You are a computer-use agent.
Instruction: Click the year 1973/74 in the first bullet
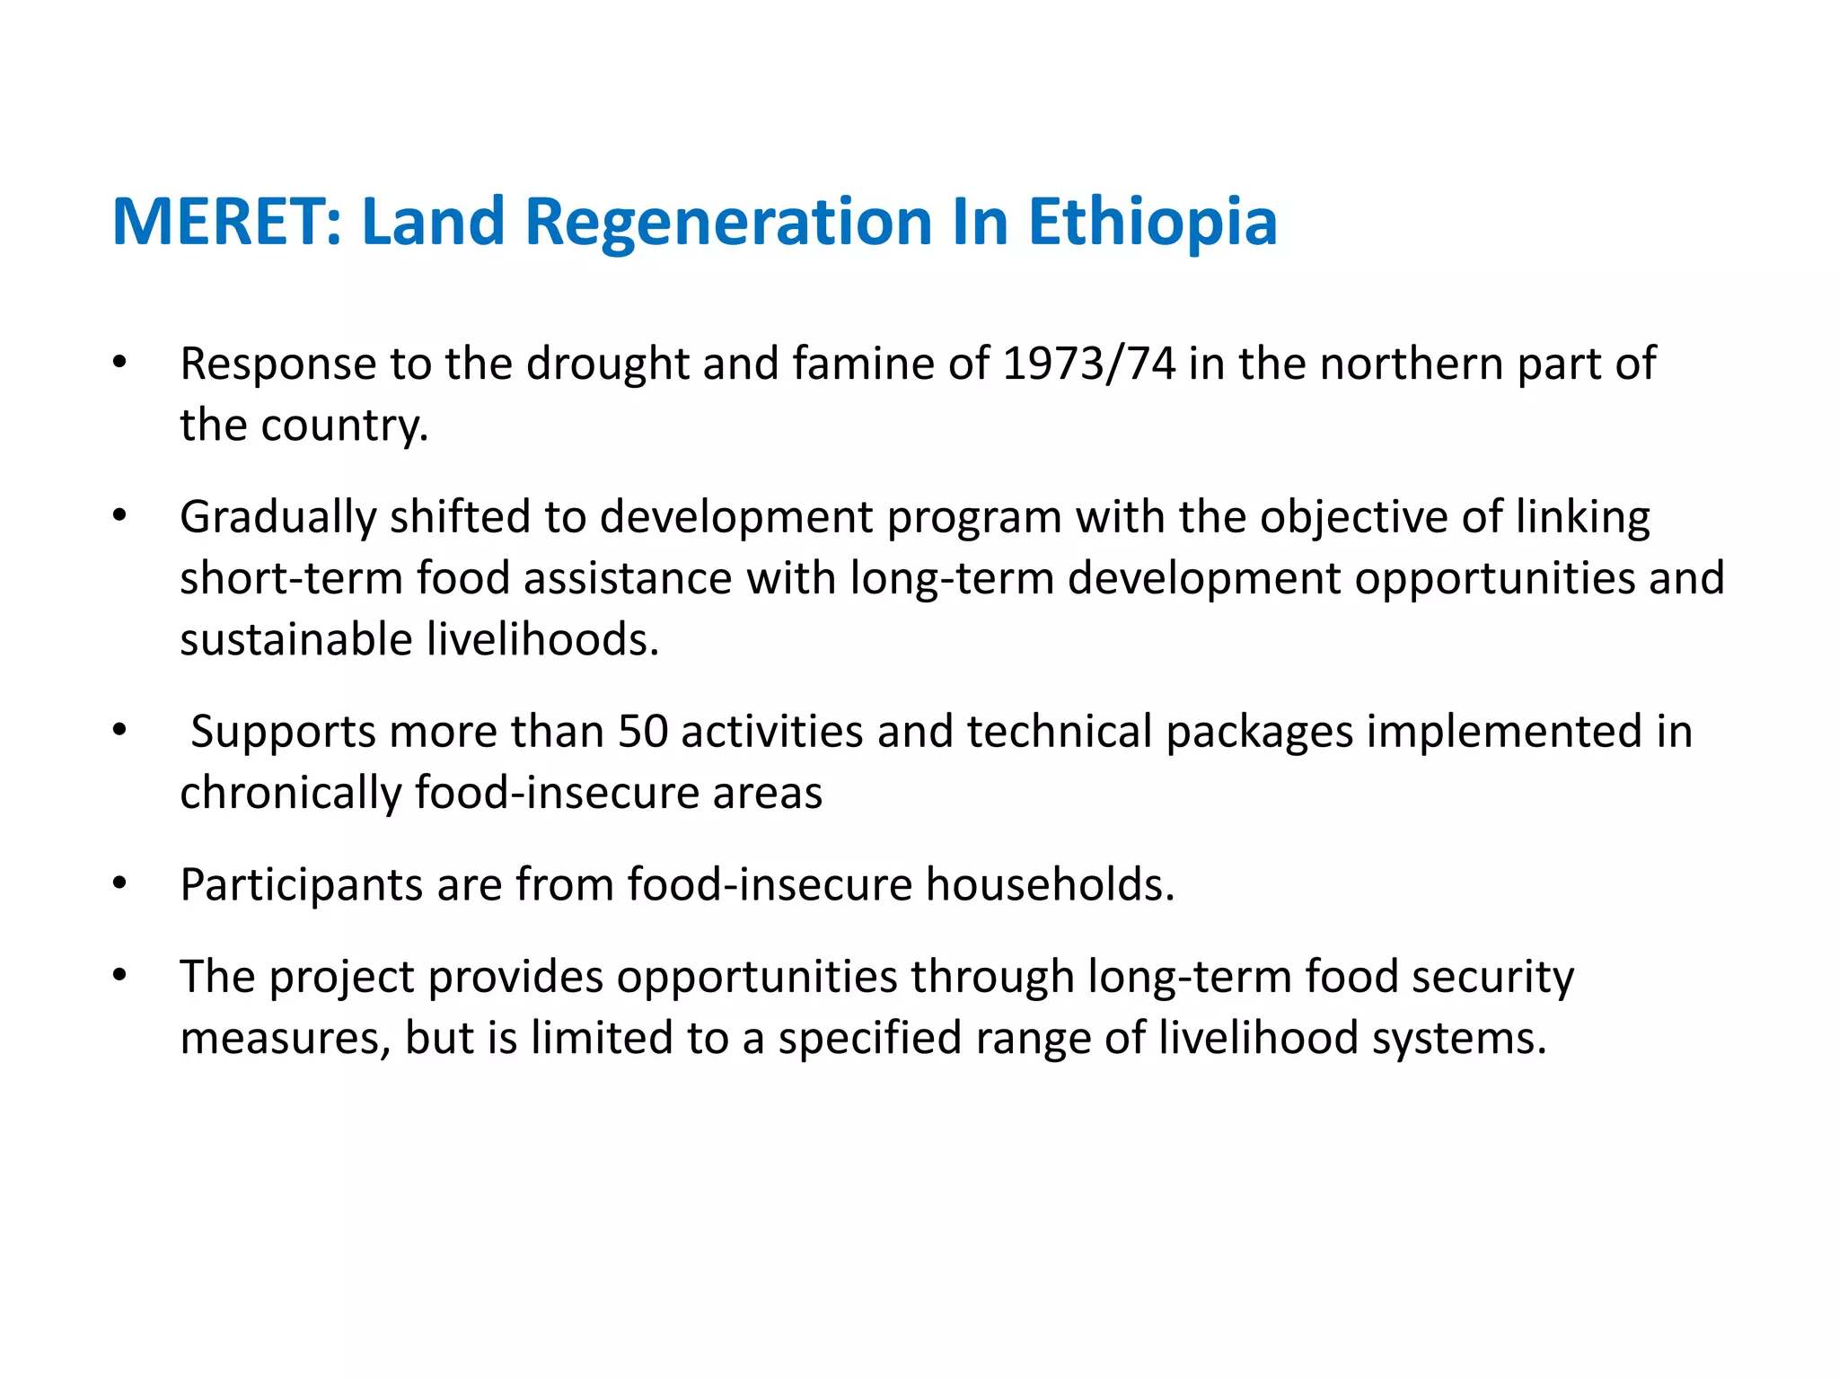point(1088,364)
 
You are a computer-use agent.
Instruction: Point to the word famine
point(863,364)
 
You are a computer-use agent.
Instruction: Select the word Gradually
point(277,518)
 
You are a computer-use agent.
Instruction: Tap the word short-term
point(291,578)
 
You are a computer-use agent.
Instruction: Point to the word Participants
point(301,884)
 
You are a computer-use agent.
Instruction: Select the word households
point(1050,884)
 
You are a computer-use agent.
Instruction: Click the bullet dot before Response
point(119,364)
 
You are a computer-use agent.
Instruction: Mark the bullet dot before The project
point(119,975)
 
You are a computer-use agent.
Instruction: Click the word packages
point(1259,731)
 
